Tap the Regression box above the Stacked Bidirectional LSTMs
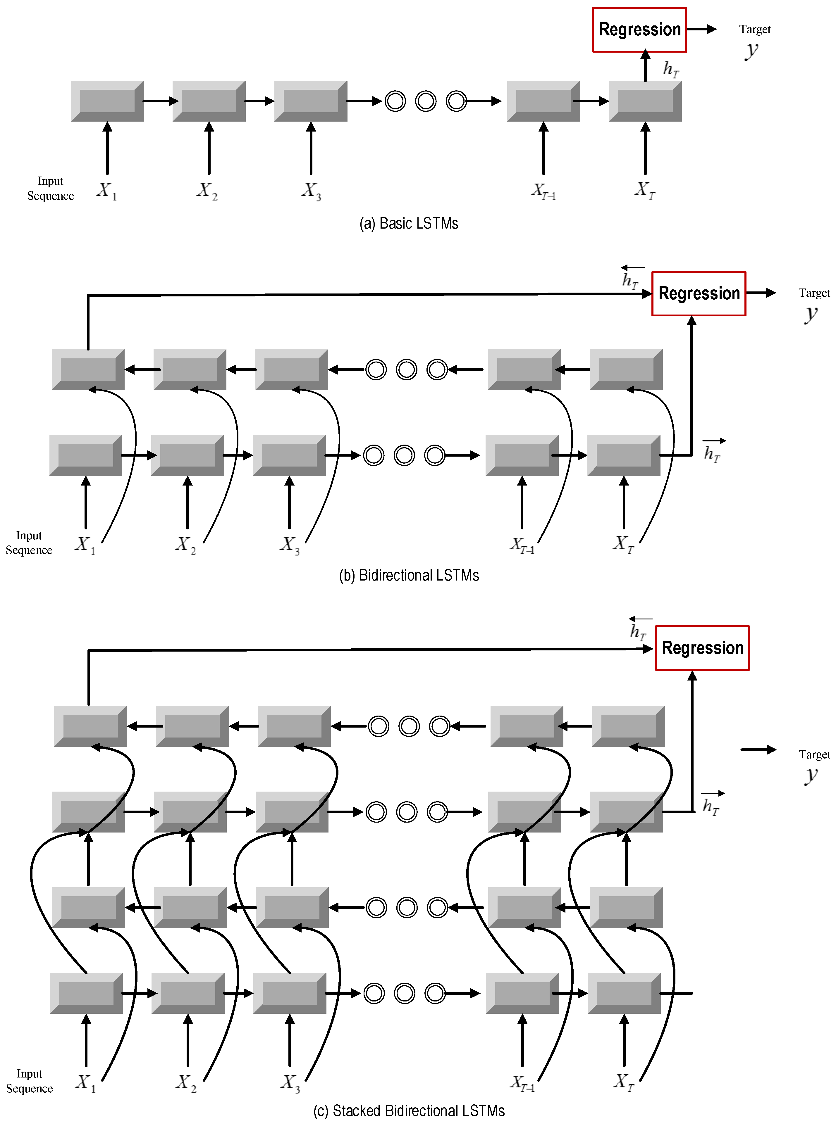point(702,648)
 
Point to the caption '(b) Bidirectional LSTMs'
point(409,575)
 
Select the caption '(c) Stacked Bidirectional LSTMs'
point(409,1110)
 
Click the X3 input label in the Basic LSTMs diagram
point(311,191)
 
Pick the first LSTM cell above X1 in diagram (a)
point(107,101)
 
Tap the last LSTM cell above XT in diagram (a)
point(645,101)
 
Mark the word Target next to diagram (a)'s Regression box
point(754,29)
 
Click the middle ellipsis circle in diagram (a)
point(426,101)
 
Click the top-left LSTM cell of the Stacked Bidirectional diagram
point(90,726)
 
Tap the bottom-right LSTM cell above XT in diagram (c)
point(624,993)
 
